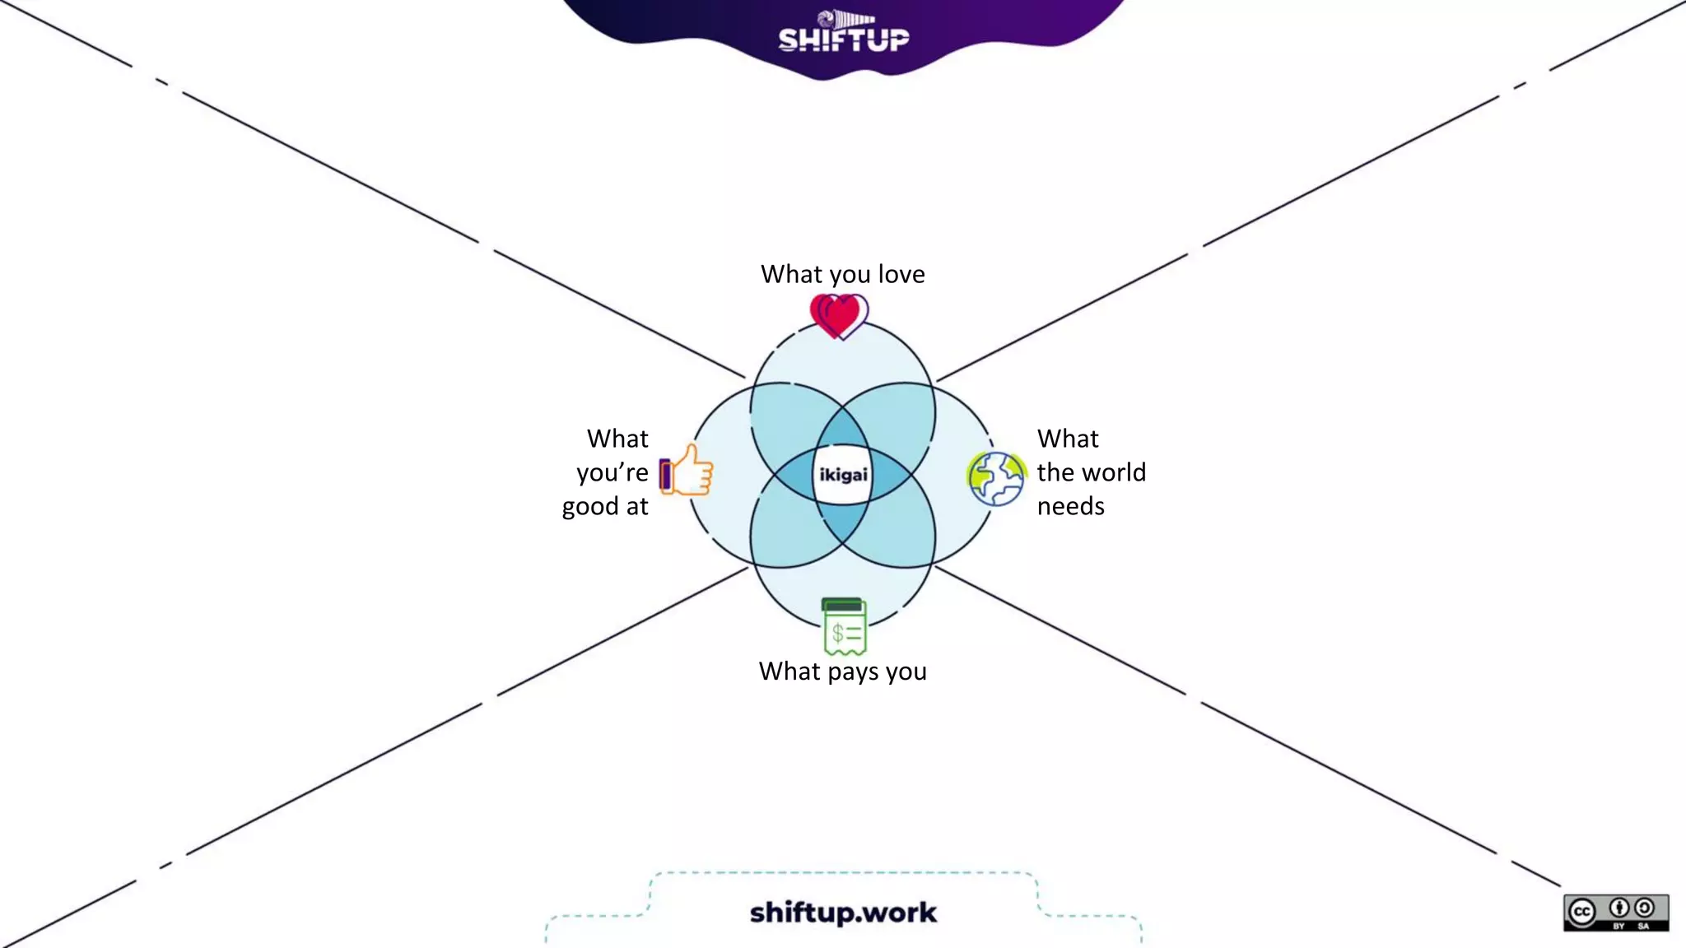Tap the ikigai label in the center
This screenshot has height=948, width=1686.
click(x=843, y=475)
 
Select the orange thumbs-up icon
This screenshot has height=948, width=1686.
click(x=687, y=471)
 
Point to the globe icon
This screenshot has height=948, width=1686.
click(x=996, y=478)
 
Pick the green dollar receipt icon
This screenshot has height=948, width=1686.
click(x=845, y=626)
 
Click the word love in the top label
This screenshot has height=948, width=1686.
click(x=901, y=274)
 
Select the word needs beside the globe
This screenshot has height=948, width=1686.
click(x=1070, y=506)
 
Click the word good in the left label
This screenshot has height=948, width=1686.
click(x=590, y=507)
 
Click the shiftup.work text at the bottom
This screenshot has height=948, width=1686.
click(x=843, y=912)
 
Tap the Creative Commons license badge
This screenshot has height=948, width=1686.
click(x=1615, y=913)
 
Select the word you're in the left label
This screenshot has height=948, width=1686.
click(x=612, y=473)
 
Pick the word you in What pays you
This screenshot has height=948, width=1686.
click(x=906, y=672)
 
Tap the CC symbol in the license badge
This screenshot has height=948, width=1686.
click(x=1581, y=912)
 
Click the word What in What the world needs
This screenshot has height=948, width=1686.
click(x=1068, y=439)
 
